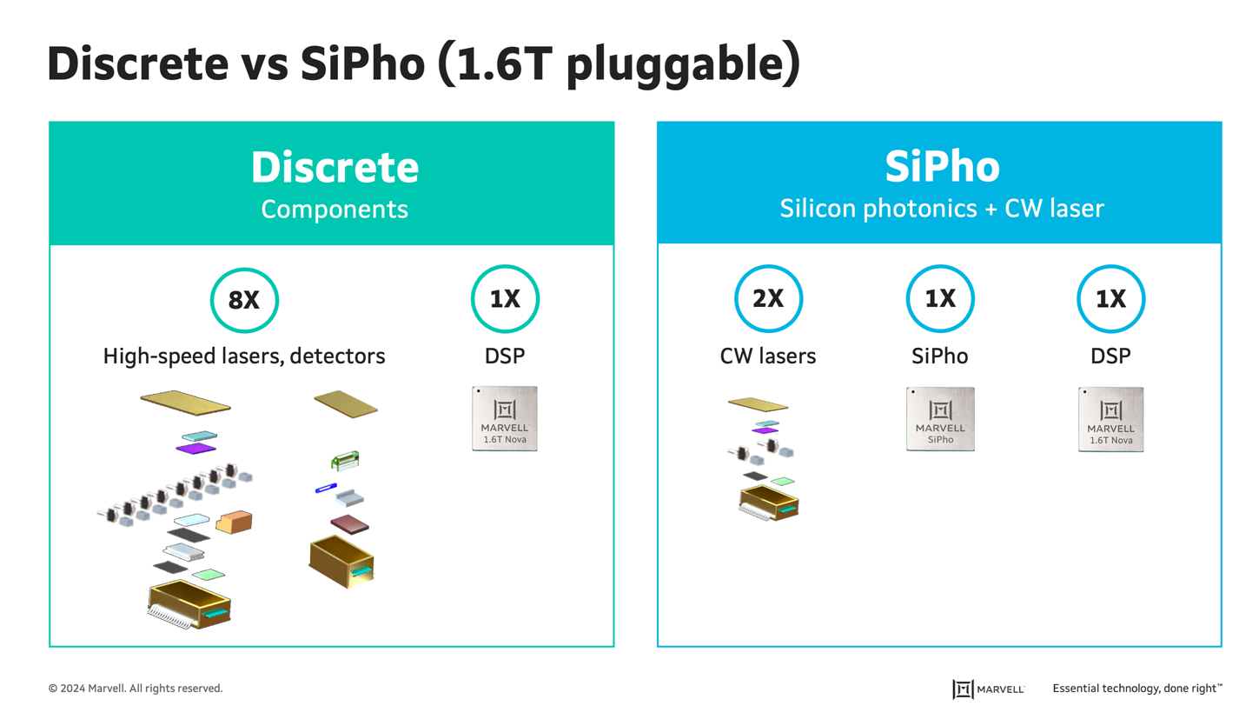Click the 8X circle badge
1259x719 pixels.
244,300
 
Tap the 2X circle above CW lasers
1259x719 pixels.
768,300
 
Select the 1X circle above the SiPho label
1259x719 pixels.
940,300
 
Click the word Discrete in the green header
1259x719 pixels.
335,168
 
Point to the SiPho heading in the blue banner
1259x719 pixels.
942,168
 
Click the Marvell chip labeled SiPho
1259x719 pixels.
939,418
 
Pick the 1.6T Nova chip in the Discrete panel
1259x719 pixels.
505,418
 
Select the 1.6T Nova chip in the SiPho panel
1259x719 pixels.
1111,418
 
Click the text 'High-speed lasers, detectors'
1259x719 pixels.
244,356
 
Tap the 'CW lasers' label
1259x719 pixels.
768,356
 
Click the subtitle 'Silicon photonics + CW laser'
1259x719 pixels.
942,209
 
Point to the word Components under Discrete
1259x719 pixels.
335,209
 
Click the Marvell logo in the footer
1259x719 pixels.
988,689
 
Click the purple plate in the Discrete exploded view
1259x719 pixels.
195,448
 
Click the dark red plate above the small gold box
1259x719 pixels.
349,523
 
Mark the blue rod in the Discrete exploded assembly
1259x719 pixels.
326,489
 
